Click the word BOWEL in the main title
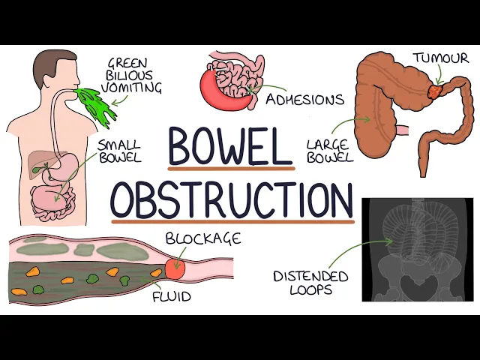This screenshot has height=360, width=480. (229, 146)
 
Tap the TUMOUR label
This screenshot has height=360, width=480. (440, 58)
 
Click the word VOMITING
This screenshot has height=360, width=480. (135, 88)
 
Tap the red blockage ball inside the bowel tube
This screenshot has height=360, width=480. (175, 265)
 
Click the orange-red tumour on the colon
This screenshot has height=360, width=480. (436, 91)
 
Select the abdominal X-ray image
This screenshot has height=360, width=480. (418, 250)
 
